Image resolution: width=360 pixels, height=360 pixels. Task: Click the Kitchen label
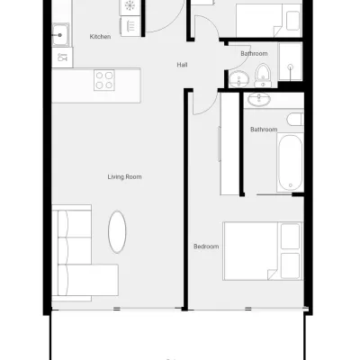click(100, 37)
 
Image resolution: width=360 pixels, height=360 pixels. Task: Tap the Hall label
click(182, 65)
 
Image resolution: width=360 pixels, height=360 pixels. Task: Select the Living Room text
click(124, 177)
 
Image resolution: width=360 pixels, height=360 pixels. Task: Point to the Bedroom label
click(206, 247)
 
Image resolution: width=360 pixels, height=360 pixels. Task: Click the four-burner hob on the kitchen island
click(104, 80)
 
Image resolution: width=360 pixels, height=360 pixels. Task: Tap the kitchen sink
click(60, 35)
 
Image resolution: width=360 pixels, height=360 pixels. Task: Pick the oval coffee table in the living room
click(117, 231)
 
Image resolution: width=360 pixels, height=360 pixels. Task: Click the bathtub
click(290, 162)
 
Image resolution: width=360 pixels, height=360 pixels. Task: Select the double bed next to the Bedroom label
click(263, 251)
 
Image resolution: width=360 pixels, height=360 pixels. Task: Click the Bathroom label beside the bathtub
click(264, 130)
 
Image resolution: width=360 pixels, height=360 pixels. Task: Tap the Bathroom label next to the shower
click(254, 54)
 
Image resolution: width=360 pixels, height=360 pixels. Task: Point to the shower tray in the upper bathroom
click(290, 61)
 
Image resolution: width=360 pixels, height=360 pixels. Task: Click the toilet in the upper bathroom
click(263, 76)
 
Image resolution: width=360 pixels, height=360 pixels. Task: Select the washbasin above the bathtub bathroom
click(259, 100)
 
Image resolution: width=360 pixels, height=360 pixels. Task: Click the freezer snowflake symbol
click(130, 5)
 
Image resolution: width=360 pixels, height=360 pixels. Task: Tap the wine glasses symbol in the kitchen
click(62, 57)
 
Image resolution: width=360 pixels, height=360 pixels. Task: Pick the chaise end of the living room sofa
click(88, 280)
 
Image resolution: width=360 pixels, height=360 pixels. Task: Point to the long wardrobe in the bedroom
click(229, 144)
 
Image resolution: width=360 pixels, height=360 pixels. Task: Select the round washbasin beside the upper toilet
click(238, 79)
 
